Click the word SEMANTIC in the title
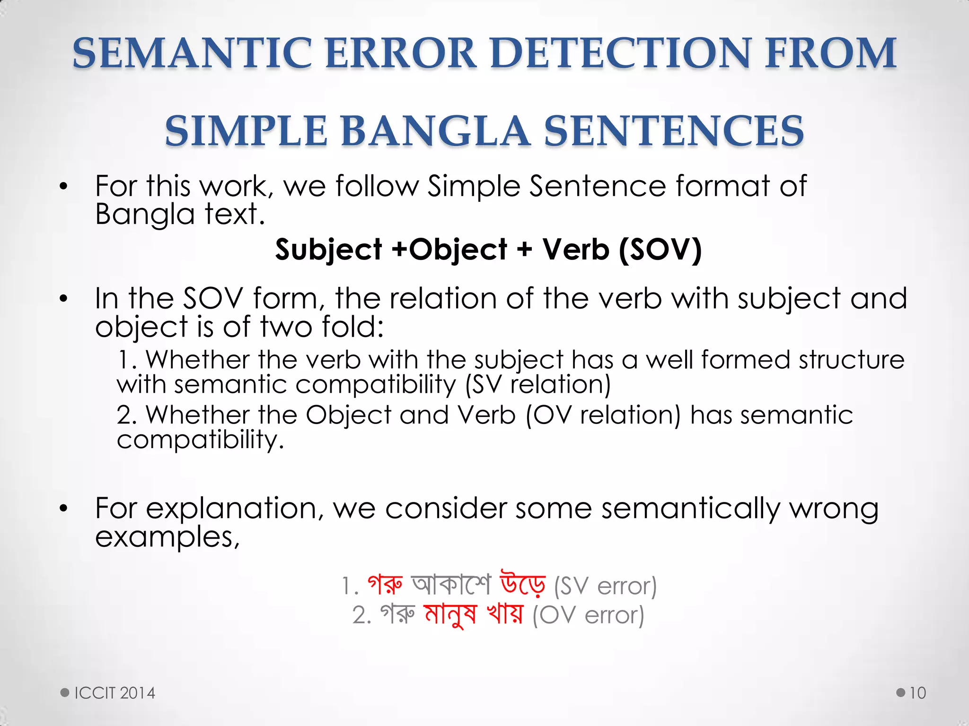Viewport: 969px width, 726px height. (x=192, y=53)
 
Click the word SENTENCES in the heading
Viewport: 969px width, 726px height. (x=674, y=131)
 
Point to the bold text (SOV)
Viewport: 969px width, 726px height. (x=660, y=250)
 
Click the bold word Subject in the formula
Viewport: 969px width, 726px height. (x=328, y=250)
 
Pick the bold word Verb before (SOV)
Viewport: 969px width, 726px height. (x=575, y=250)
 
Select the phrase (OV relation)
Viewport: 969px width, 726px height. (x=603, y=415)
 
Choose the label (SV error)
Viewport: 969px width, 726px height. (x=605, y=586)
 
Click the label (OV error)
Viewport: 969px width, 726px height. (x=588, y=615)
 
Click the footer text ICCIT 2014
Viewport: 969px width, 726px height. (x=115, y=693)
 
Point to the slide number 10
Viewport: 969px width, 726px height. (x=917, y=693)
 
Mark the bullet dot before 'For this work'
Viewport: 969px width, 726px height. (x=64, y=187)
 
